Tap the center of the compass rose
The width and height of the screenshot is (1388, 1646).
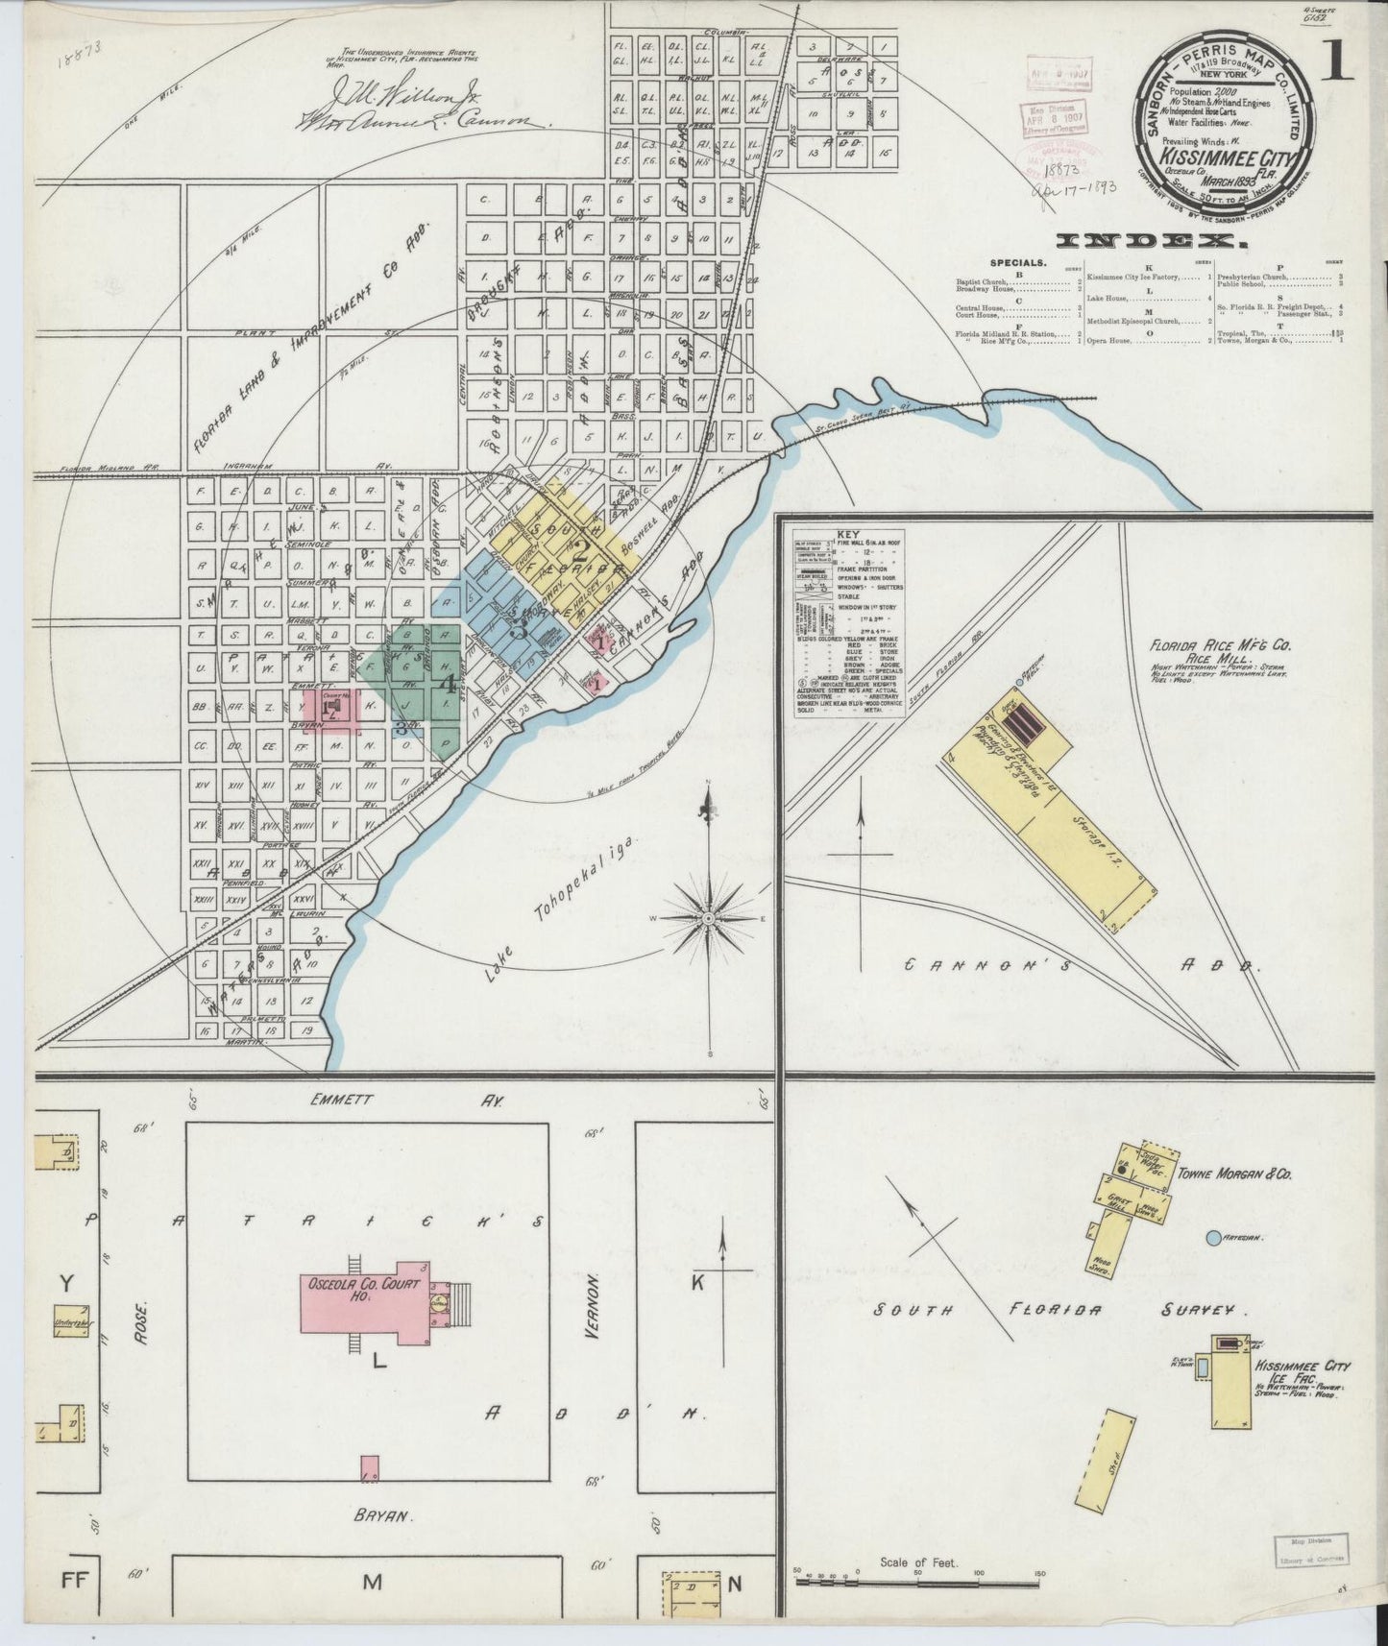pyautogui.click(x=708, y=918)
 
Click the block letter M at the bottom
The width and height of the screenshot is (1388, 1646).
pyautogui.click(x=373, y=1583)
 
